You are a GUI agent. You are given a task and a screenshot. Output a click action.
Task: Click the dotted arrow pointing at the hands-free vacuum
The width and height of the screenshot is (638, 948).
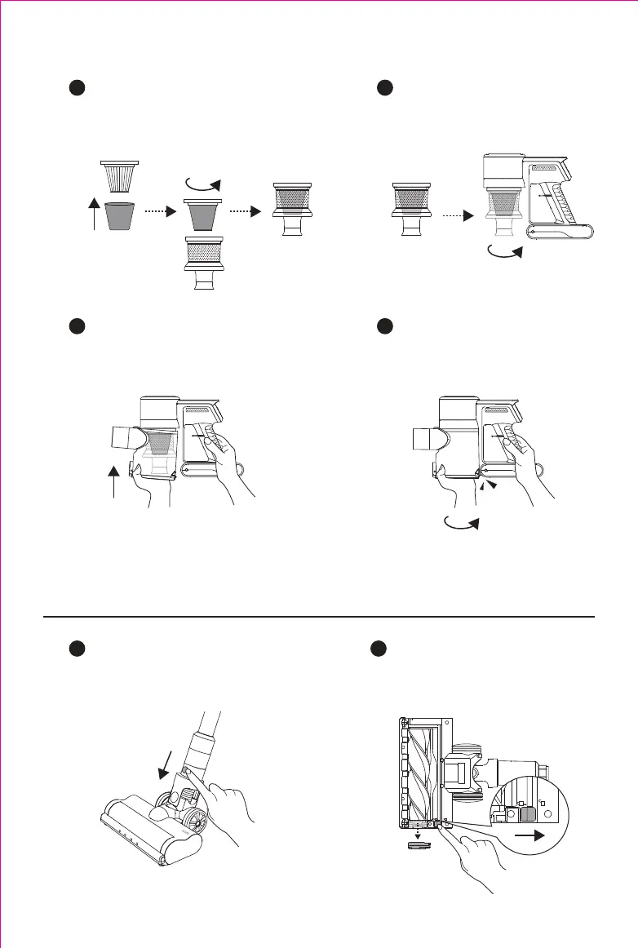(x=456, y=217)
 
